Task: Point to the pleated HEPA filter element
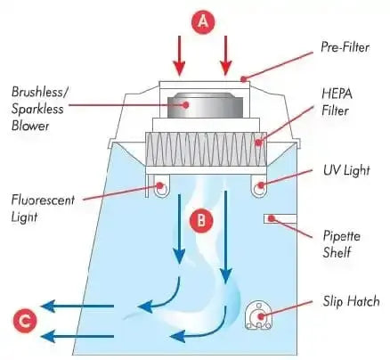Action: (205, 151)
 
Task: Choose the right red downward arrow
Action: (226, 53)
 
